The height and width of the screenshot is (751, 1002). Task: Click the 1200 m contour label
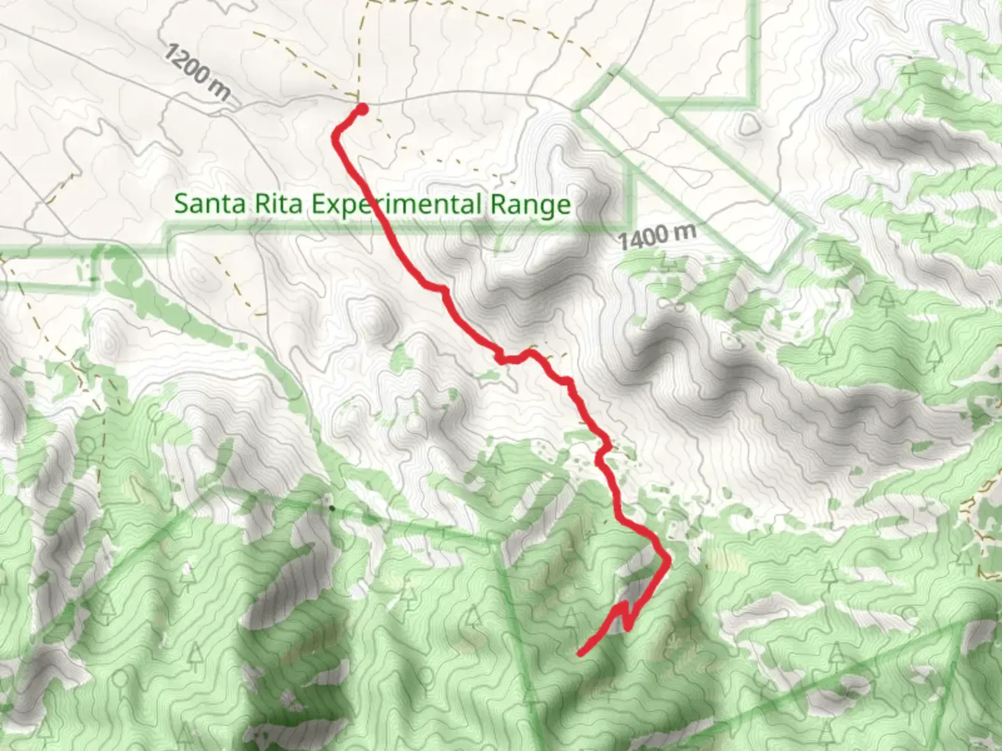197,72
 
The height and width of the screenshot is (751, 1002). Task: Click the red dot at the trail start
362,108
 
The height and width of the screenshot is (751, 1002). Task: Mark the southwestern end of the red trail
580,654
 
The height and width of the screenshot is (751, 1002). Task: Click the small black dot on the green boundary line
332,508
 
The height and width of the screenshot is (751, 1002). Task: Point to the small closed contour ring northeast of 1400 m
749,125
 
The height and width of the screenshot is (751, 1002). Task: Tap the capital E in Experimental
317,204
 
